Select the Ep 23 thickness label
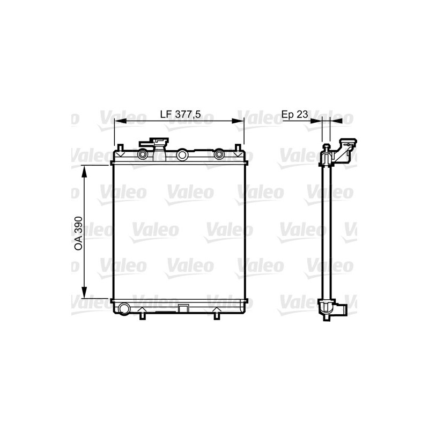(294, 114)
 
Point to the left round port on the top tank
(143, 155)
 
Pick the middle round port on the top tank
(182, 155)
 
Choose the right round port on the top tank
(219, 155)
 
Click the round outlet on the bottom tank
(124, 308)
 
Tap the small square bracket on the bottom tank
(183, 308)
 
